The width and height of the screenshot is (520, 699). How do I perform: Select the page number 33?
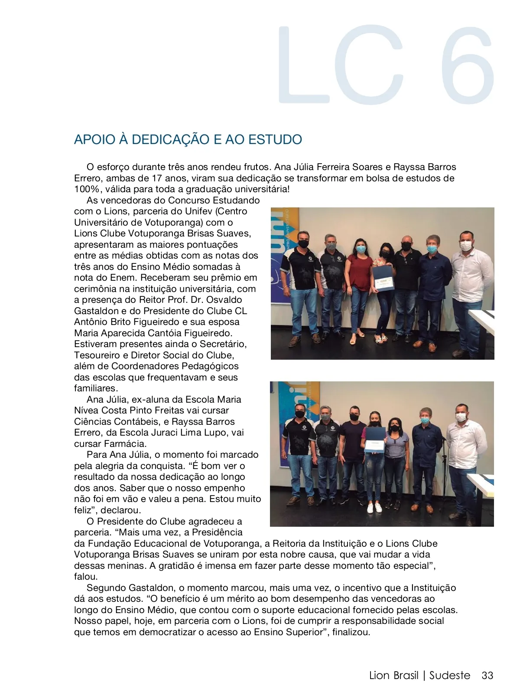pyautogui.click(x=487, y=676)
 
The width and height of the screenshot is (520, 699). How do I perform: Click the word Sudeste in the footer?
pyautogui.click(x=450, y=676)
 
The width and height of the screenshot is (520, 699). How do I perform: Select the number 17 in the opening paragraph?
pyautogui.click(x=157, y=178)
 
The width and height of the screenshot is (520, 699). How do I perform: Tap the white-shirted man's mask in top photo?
pyautogui.click(x=465, y=246)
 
